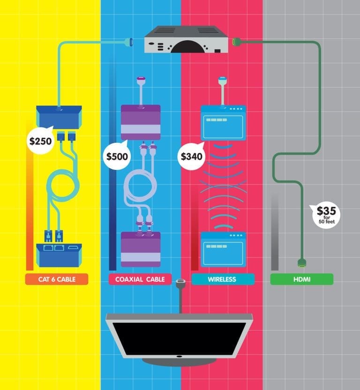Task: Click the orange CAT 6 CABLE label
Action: (57, 280)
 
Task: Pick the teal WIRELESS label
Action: (223, 280)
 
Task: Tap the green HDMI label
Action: (301, 280)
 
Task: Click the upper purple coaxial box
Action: (141, 122)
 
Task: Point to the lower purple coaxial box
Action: (141, 249)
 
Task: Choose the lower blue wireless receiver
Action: (223, 250)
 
